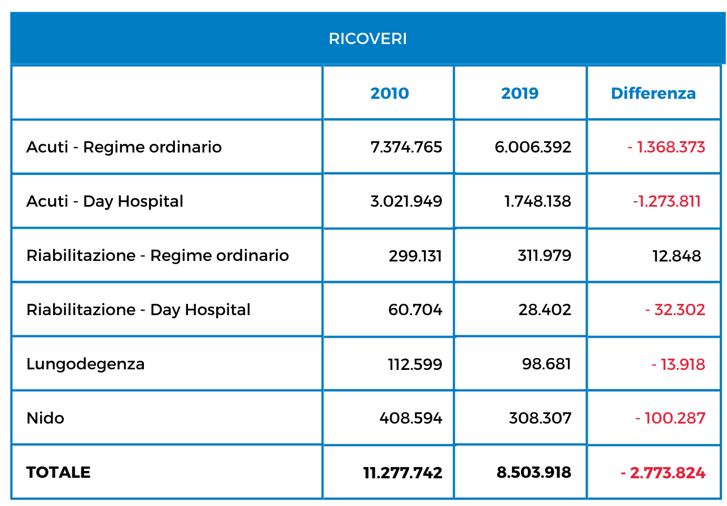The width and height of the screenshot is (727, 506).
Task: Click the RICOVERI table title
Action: pyautogui.click(x=367, y=38)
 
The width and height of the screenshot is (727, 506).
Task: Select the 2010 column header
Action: pyautogui.click(x=389, y=94)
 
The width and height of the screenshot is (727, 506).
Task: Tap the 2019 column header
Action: pyautogui.click(x=520, y=94)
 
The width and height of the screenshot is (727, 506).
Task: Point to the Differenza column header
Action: pyautogui.click(x=653, y=94)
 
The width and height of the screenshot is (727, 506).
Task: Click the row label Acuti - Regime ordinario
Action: pyautogui.click(x=124, y=147)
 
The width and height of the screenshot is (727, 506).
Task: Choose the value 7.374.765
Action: pyautogui.click(x=406, y=147)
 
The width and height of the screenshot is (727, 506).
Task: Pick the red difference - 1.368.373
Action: pyautogui.click(x=666, y=147)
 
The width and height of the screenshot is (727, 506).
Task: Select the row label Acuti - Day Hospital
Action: pyautogui.click(x=105, y=202)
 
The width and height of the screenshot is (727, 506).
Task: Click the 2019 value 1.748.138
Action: pyautogui.click(x=537, y=202)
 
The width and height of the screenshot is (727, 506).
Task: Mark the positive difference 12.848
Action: pyautogui.click(x=677, y=256)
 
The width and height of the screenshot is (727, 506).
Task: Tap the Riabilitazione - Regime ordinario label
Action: pyautogui.click(x=157, y=256)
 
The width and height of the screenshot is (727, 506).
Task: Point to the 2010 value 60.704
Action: pyautogui.click(x=415, y=310)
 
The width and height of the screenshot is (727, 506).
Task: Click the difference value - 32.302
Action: pyautogui.click(x=675, y=310)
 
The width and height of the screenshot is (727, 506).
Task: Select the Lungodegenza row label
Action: pyautogui.click(x=85, y=364)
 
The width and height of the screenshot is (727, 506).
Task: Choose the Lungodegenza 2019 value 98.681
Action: pyautogui.click(x=546, y=364)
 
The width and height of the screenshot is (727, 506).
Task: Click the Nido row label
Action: pyautogui.click(x=45, y=418)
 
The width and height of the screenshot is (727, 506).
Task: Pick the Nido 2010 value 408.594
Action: pyautogui.click(x=410, y=418)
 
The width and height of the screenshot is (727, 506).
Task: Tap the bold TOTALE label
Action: pyautogui.click(x=59, y=472)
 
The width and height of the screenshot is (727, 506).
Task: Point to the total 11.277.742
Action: pyautogui.click(x=402, y=473)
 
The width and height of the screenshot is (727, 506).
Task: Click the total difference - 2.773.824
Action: pyautogui.click(x=663, y=473)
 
